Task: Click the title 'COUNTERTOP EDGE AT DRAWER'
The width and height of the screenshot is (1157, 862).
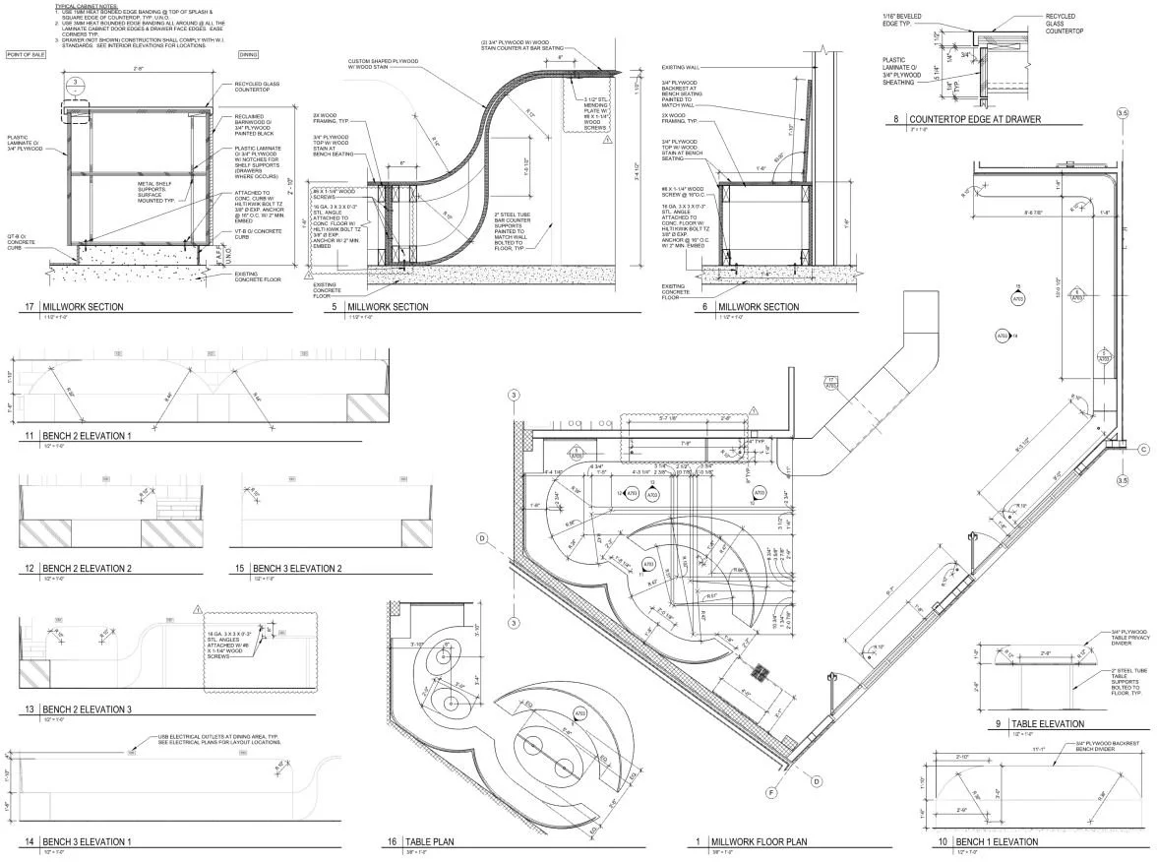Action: pos(975,120)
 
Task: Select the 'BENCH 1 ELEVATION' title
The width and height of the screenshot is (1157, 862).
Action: pos(995,842)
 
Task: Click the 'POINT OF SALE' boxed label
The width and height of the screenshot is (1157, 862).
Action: pos(27,55)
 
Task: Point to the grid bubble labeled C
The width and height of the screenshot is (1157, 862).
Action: pos(1144,450)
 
